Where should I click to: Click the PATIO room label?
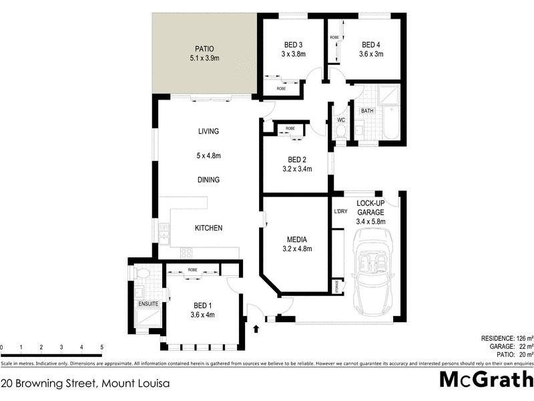(x=204, y=49)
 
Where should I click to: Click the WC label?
(x=340, y=120)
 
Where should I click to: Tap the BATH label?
(x=367, y=111)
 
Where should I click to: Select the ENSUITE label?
(x=148, y=304)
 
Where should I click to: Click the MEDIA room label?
(x=296, y=239)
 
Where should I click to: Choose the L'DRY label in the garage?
(x=341, y=212)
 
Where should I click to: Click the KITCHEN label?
(x=208, y=229)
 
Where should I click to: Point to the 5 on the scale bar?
(x=101, y=348)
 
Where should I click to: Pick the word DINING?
(x=208, y=180)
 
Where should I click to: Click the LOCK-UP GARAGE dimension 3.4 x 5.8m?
(x=370, y=221)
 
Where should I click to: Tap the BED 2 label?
(x=297, y=159)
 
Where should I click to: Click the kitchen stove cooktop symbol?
(x=187, y=253)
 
